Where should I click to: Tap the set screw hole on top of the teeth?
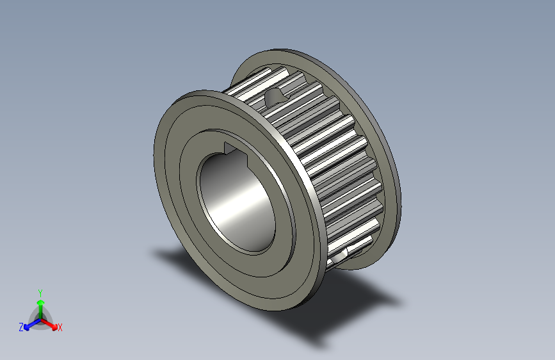coord(276,97)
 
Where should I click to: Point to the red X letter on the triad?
coord(60,328)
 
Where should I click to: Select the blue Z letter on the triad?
coord(21,327)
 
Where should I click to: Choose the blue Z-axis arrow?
coord(30,325)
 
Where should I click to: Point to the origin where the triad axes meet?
coord(40,318)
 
